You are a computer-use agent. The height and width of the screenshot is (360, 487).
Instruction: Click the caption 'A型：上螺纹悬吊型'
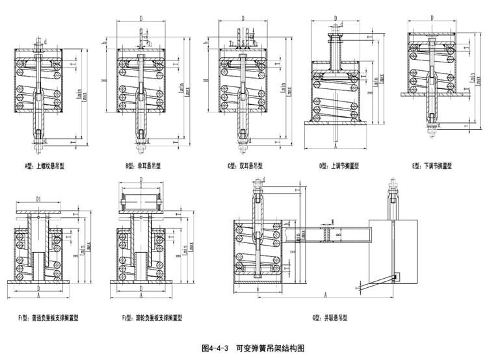click(x=45, y=166)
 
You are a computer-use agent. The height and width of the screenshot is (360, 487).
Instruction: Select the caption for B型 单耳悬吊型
click(x=141, y=166)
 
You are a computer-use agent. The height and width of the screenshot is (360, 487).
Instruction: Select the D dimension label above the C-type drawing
click(x=242, y=19)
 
